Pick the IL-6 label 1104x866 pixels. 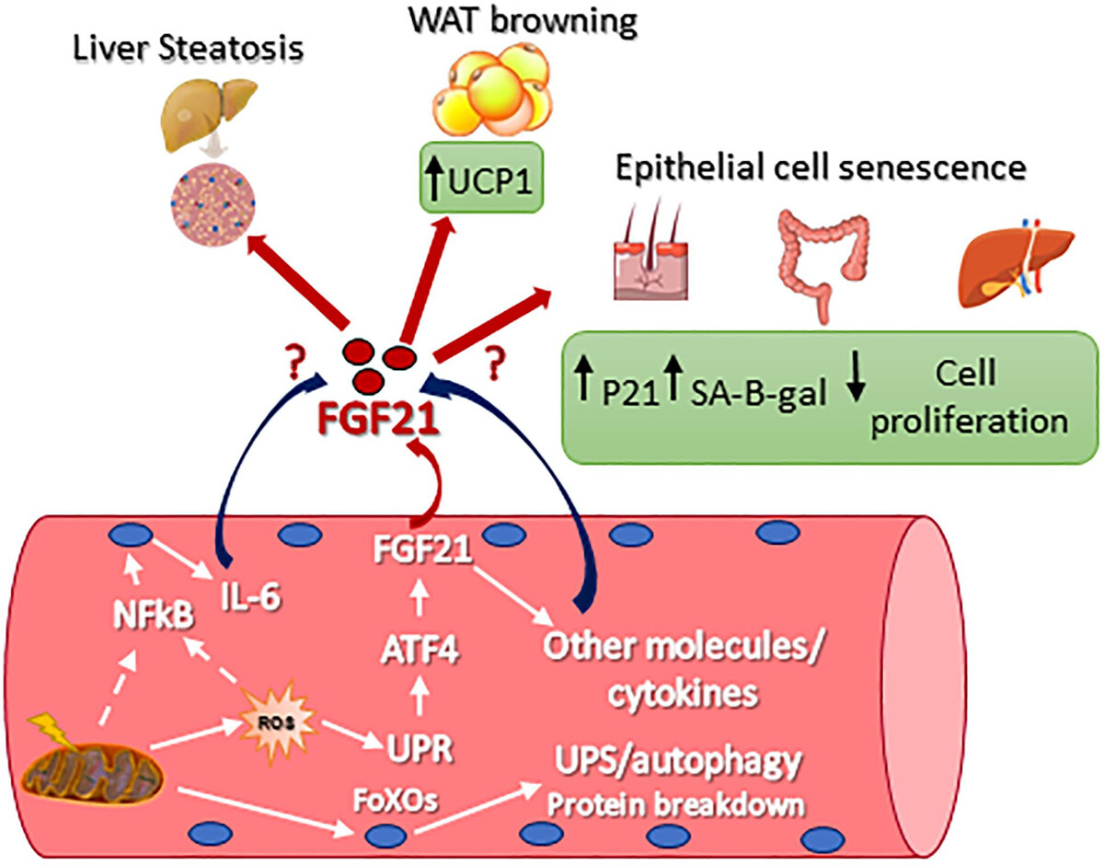point(248,599)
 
